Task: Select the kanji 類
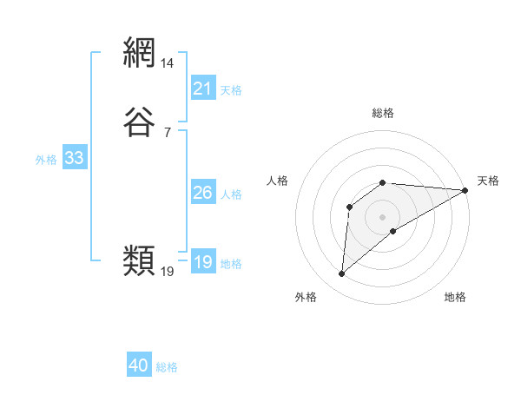(139, 260)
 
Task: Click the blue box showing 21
(203, 89)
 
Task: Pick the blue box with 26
(203, 193)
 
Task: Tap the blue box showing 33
(74, 158)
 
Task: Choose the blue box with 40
(139, 365)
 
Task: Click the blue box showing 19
(203, 262)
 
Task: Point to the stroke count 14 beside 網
(168, 63)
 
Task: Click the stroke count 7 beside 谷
(168, 132)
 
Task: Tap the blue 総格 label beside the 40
(167, 367)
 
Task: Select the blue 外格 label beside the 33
(46, 160)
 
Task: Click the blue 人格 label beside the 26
(232, 194)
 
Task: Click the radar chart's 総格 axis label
(383, 113)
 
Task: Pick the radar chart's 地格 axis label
(455, 298)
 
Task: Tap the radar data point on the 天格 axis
(465, 190)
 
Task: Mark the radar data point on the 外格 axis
(341, 274)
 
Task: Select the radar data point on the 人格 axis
(349, 207)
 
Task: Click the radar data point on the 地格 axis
(393, 231)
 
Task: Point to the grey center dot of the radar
(383, 217)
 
